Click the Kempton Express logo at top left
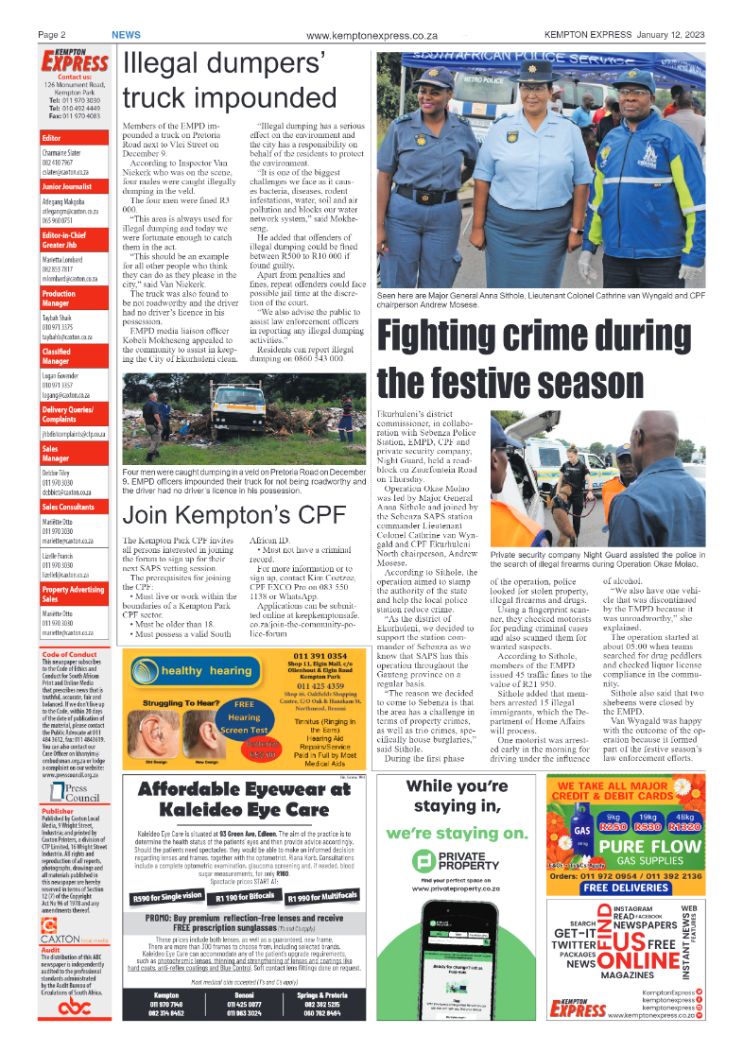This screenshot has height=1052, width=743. click(x=74, y=61)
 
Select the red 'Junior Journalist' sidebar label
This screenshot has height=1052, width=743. click(x=71, y=187)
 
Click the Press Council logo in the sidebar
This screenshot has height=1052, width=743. click(x=70, y=792)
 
